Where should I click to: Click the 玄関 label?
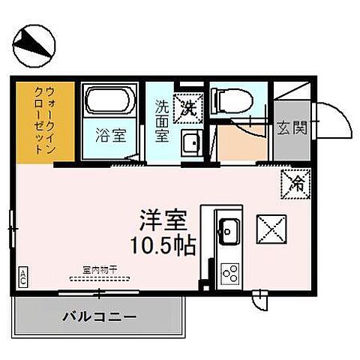(292, 128)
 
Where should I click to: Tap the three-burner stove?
(229, 273)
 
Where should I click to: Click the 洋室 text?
(162, 220)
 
